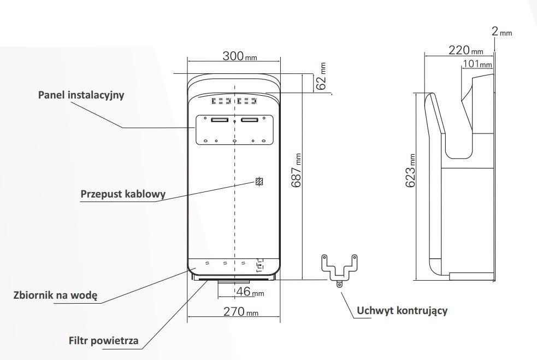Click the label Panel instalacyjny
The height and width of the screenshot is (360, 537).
click(81, 95)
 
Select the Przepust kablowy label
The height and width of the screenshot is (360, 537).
click(123, 194)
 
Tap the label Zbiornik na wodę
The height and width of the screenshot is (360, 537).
click(55, 295)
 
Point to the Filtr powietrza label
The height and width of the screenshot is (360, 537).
click(104, 341)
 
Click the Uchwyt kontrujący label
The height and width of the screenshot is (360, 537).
click(402, 311)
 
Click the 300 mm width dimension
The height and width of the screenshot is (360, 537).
click(239, 56)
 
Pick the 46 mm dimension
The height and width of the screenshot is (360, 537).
click(250, 292)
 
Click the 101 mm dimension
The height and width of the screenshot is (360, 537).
click(477, 65)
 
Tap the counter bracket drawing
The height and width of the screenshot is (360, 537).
click(339, 268)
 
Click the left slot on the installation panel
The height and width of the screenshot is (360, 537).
click(220, 120)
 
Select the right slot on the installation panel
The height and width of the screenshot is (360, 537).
click(250, 120)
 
